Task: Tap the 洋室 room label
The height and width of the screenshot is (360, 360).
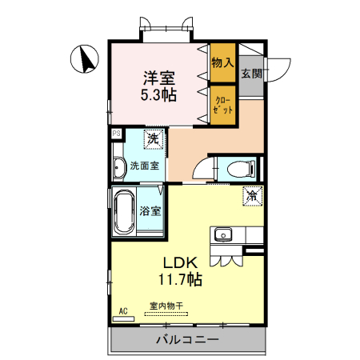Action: (159, 78)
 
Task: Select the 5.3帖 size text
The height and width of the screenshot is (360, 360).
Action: (159, 95)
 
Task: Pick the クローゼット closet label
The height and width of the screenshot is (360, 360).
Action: (223, 104)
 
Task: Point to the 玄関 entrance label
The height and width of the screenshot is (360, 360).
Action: (250, 74)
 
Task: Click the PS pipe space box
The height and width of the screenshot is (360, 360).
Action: (116, 134)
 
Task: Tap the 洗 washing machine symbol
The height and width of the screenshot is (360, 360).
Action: (152, 138)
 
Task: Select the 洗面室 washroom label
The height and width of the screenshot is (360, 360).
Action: (144, 166)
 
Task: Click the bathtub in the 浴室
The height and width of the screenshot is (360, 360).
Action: (123, 213)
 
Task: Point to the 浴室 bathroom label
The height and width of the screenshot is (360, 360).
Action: (150, 211)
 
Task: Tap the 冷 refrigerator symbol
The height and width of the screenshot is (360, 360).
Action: (251, 194)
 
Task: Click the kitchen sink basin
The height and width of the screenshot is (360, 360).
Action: (222, 234)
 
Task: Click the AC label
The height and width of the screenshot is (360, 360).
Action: (123, 310)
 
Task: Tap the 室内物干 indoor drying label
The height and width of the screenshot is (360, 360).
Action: (166, 306)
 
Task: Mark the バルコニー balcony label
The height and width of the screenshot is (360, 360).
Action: (186, 340)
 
